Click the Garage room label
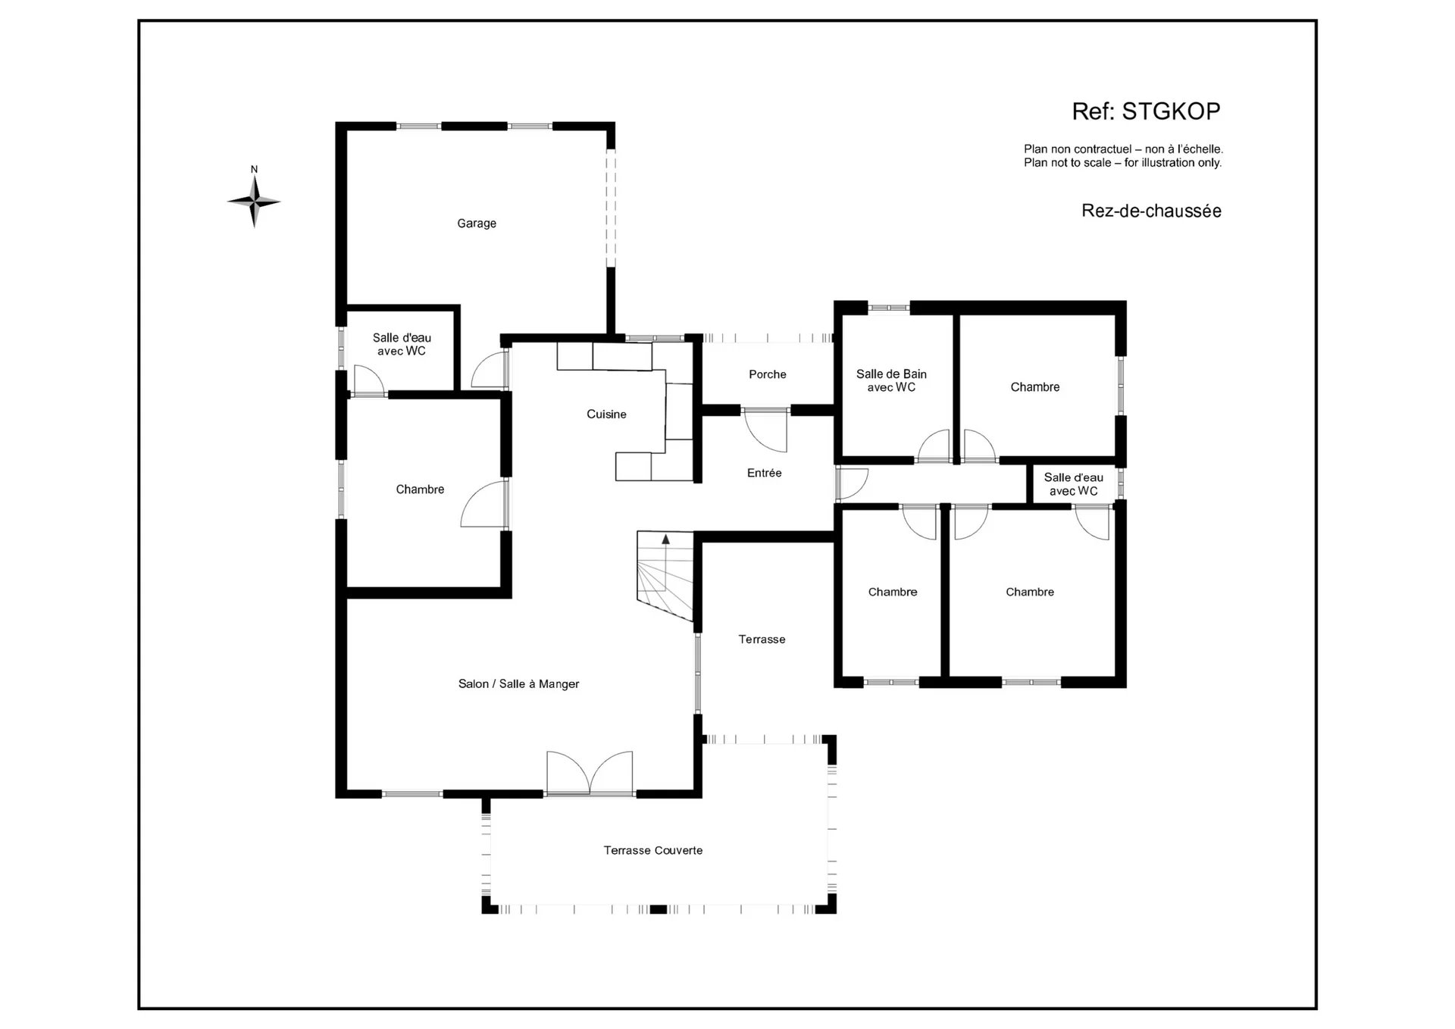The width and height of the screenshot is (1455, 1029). point(477,224)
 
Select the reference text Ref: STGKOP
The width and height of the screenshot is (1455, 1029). point(1146,111)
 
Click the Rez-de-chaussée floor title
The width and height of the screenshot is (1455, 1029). point(1151,211)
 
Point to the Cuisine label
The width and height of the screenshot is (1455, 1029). point(606,414)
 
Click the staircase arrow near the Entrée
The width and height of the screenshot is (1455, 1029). point(665,561)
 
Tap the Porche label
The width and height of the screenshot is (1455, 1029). point(768,374)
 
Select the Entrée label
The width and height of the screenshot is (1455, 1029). point(764,473)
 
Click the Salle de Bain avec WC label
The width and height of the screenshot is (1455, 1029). point(891,380)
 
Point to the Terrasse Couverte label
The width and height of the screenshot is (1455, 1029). point(653,850)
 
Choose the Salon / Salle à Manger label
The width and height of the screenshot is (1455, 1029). point(518,683)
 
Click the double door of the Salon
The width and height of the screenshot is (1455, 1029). point(590,773)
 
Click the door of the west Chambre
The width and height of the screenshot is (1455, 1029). point(484,504)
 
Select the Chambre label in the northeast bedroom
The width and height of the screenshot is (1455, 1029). point(1035,387)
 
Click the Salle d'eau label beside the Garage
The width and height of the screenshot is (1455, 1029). point(402,344)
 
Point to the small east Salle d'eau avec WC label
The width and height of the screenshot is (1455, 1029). point(1074,484)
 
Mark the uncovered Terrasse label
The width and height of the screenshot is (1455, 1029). point(762,640)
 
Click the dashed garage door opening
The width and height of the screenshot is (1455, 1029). point(611,208)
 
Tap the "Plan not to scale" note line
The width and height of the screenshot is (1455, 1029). point(1122,163)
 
